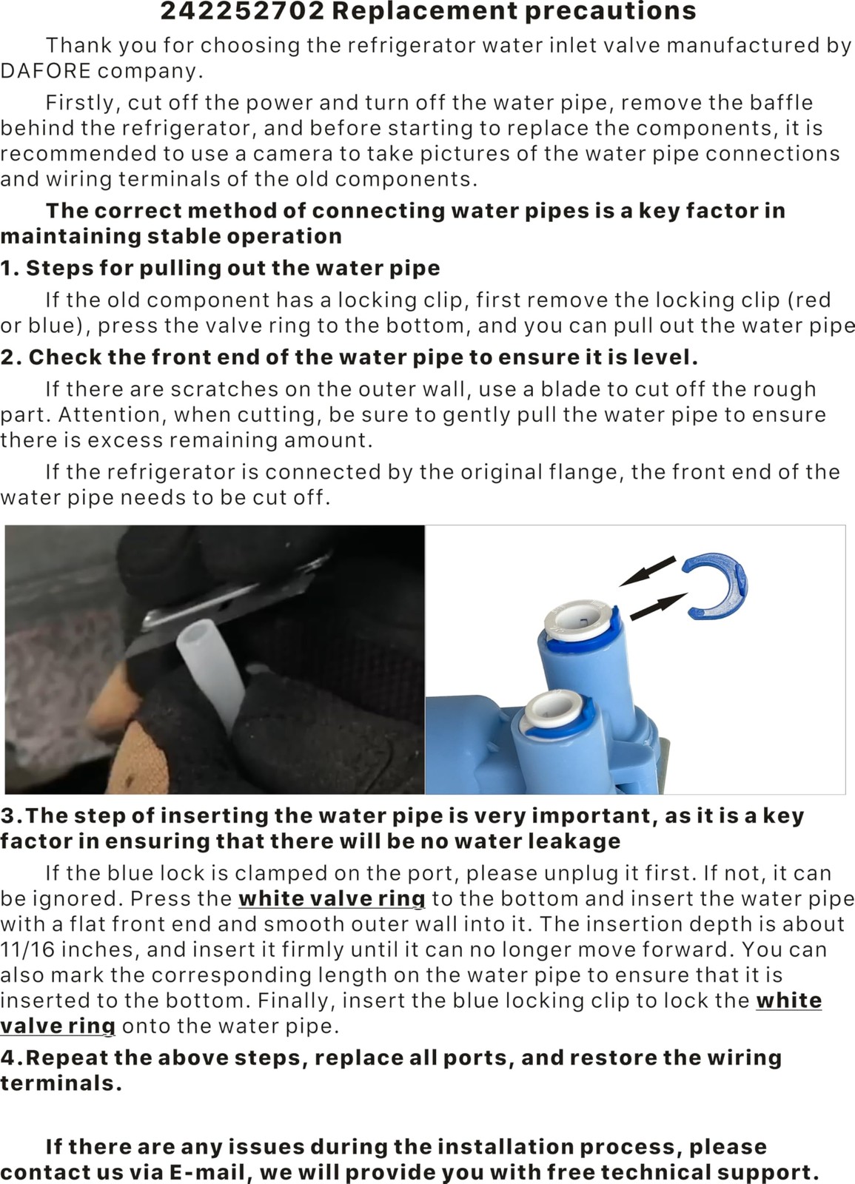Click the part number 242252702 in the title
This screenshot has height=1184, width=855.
click(242, 11)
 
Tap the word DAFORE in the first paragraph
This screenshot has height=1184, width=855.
click(45, 71)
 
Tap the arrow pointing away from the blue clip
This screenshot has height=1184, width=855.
click(647, 571)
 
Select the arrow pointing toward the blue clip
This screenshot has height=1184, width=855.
click(658, 606)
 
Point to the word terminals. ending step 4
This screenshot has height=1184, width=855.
click(61, 1083)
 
